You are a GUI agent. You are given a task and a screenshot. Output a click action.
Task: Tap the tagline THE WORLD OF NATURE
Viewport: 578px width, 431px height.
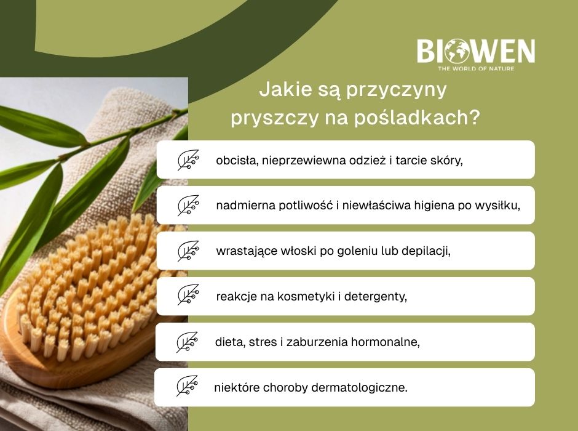475,68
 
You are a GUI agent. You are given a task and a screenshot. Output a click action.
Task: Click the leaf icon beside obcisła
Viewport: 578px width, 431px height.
188,160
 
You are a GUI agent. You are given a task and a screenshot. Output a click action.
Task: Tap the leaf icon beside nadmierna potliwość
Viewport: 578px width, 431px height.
188,206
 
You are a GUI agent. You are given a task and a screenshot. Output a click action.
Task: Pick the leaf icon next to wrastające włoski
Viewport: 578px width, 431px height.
188,251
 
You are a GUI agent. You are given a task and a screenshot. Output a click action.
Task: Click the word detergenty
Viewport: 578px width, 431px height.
376,297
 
